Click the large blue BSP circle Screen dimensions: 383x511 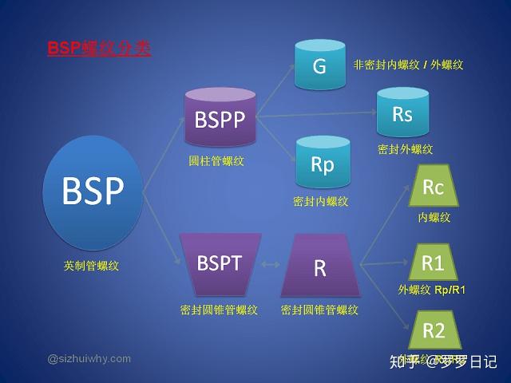point(94,191)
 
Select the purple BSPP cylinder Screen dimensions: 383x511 point(220,120)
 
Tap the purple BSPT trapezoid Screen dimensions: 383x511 point(220,264)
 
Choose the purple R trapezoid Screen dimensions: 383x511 point(319,267)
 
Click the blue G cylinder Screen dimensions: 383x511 point(319,65)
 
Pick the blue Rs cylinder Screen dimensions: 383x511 point(402,114)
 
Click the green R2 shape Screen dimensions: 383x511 point(433,330)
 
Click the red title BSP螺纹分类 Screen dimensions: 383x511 point(99,49)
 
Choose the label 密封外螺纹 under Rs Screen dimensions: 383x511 point(406,149)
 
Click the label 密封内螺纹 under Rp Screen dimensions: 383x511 point(321,201)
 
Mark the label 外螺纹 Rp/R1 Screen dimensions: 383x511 point(432,290)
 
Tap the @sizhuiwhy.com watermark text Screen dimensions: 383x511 point(89,358)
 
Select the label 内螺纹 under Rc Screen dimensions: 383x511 point(434,216)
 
